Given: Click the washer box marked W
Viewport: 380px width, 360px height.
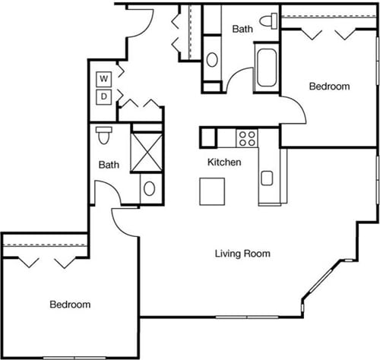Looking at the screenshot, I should pos(103,78).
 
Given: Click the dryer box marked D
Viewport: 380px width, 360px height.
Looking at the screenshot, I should pos(103,96).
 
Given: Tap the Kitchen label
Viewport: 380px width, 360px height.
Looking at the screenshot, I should pos(225,163).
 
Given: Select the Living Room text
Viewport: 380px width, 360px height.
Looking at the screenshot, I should pos(242,254).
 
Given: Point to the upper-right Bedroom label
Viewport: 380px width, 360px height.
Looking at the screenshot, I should pos(329,87).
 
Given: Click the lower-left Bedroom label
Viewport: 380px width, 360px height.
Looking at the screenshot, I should pos(70,305).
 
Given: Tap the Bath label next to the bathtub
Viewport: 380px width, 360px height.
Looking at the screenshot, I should pos(242,30).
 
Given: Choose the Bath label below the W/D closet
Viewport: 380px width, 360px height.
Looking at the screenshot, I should pos(109,164).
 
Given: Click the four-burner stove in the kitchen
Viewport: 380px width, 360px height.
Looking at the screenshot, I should pos(246,137).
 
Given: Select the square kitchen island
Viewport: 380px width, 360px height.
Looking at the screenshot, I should pos(213,191).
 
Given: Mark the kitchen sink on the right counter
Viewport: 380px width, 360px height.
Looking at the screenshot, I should pos(267,178).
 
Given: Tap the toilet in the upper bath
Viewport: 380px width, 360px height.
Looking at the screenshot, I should pos(268,21).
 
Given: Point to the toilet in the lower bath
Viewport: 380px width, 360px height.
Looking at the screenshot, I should pos(104,136).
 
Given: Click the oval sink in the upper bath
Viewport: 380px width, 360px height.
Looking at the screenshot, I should pos(212,58).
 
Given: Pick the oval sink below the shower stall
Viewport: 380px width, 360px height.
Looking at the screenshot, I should pos(149,189).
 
